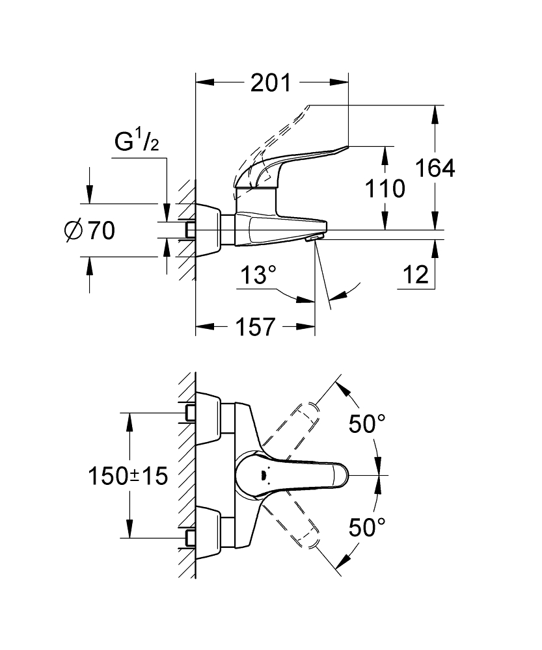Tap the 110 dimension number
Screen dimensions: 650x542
385,189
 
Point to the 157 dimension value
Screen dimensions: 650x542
254,327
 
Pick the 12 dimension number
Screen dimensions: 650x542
416,276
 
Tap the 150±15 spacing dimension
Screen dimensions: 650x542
128,475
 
